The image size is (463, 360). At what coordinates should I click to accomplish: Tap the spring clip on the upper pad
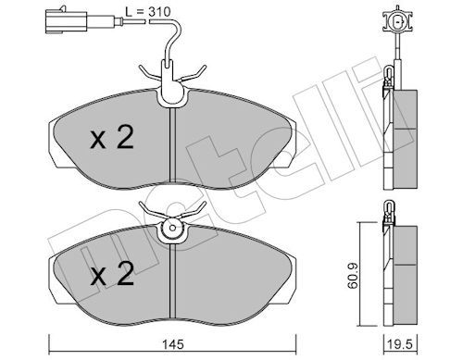point(171,82)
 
